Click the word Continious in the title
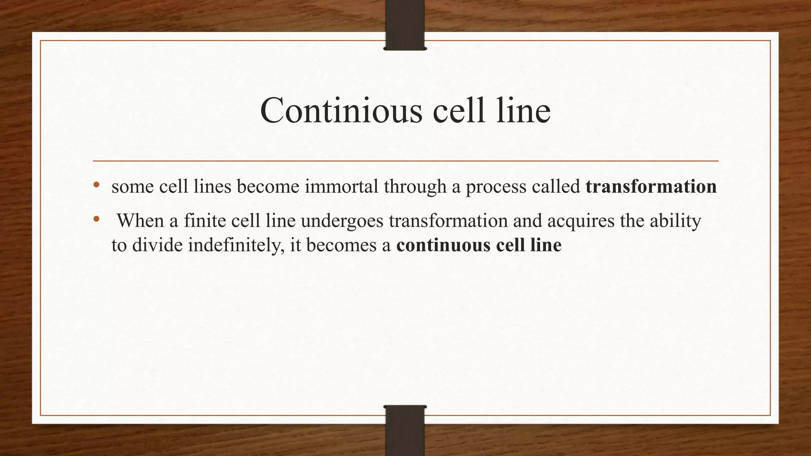click(341, 110)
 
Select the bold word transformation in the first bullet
click(651, 186)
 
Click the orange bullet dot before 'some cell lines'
click(96, 184)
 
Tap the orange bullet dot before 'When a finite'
click(96, 219)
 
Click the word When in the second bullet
click(140, 220)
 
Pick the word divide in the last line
click(157, 245)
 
